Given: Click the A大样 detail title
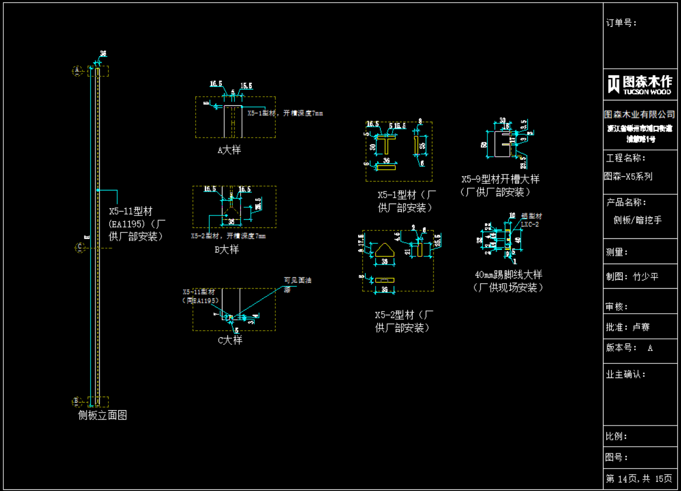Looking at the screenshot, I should pyautogui.click(x=229, y=149).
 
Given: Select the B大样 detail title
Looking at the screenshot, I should pyautogui.click(x=226, y=249).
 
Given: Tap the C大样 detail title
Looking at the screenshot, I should pyautogui.click(x=230, y=340).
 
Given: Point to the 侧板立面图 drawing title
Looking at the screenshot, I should pyautogui.click(x=103, y=415).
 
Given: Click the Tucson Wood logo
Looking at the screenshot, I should pyautogui.click(x=640, y=84).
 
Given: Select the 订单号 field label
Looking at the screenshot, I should pyautogui.click(x=622, y=23).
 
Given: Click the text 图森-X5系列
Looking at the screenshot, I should pyautogui.click(x=628, y=176).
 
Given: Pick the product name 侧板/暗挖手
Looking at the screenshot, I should pyautogui.click(x=637, y=220).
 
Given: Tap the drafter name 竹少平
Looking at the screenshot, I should pyautogui.click(x=646, y=277).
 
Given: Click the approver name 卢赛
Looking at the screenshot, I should pyautogui.click(x=641, y=327).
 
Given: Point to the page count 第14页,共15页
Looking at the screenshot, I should pyautogui.click(x=639, y=478).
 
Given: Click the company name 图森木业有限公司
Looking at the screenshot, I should pyautogui.click(x=640, y=114).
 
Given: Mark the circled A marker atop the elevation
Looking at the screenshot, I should pyautogui.click(x=77, y=70).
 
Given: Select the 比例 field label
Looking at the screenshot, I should pyautogui.click(x=617, y=436).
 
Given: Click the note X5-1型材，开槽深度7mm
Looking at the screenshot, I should pyautogui.click(x=285, y=113).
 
